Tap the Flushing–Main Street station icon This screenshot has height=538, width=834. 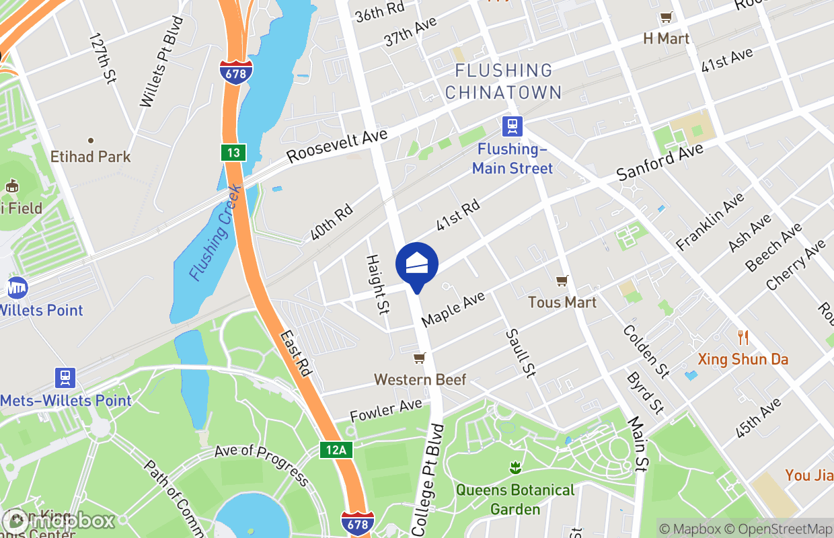pyautogui.click(x=513, y=126)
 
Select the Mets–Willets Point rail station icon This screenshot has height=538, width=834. pyautogui.click(x=65, y=377)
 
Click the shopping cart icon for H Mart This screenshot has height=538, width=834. pyautogui.click(x=666, y=17)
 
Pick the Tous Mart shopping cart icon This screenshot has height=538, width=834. pyautogui.click(x=562, y=280)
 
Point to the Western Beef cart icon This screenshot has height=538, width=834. pyautogui.click(x=419, y=358)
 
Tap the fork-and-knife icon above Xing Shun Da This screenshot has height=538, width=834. pyautogui.click(x=743, y=337)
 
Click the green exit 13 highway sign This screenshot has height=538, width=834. pyautogui.click(x=233, y=153)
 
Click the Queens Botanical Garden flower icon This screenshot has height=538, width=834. pyautogui.click(x=515, y=467)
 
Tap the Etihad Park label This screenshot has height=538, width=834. pyautogui.click(x=91, y=157)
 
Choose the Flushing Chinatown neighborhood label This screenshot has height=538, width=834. pyautogui.click(x=503, y=81)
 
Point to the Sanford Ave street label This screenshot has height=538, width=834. pyautogui.click(x=660, y=161)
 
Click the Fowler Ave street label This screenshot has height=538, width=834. pyautogui.click(x=385, y=410)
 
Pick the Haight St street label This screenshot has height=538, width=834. pyautogui.click(x=377, y=283)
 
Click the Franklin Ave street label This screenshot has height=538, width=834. pyautogui.click(x=710, y=221)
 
